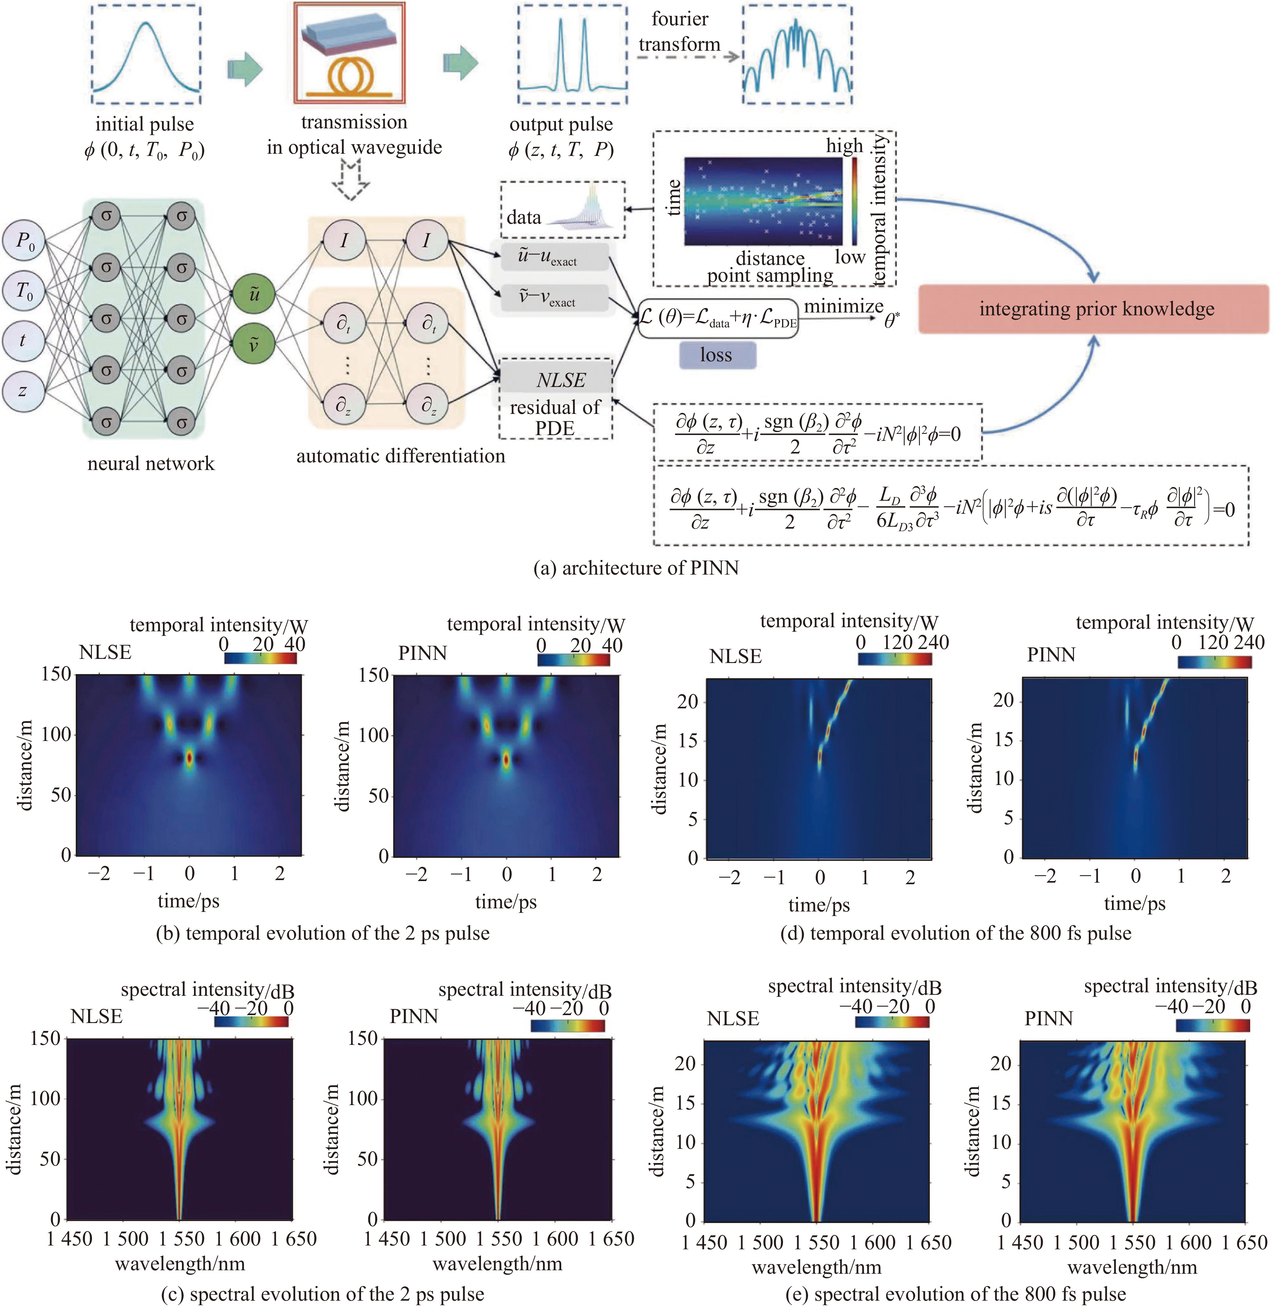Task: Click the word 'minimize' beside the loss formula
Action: pyautogui.click(x=843, y=306)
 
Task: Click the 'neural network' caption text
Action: pyautogui.click(x=151, y=463)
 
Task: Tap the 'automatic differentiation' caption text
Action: pyautogui.click(x=400, y=456)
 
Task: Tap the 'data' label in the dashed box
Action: pyautogui.click(x=524, y=217)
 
